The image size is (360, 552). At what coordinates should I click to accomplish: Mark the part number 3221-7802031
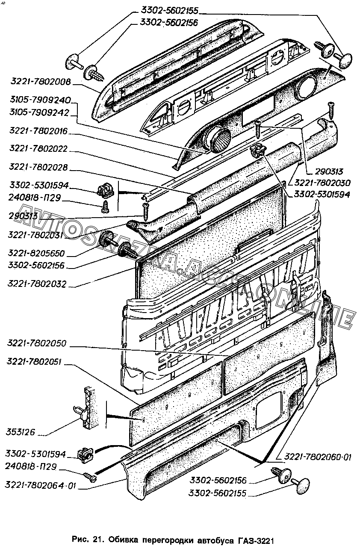pyautogui.click(x=35, y=235)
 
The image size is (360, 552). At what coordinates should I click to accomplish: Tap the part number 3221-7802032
pyautogui.click(x=37, y=284)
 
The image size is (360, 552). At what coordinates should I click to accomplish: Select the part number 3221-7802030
pyautogui.click(x=321, y=183)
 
